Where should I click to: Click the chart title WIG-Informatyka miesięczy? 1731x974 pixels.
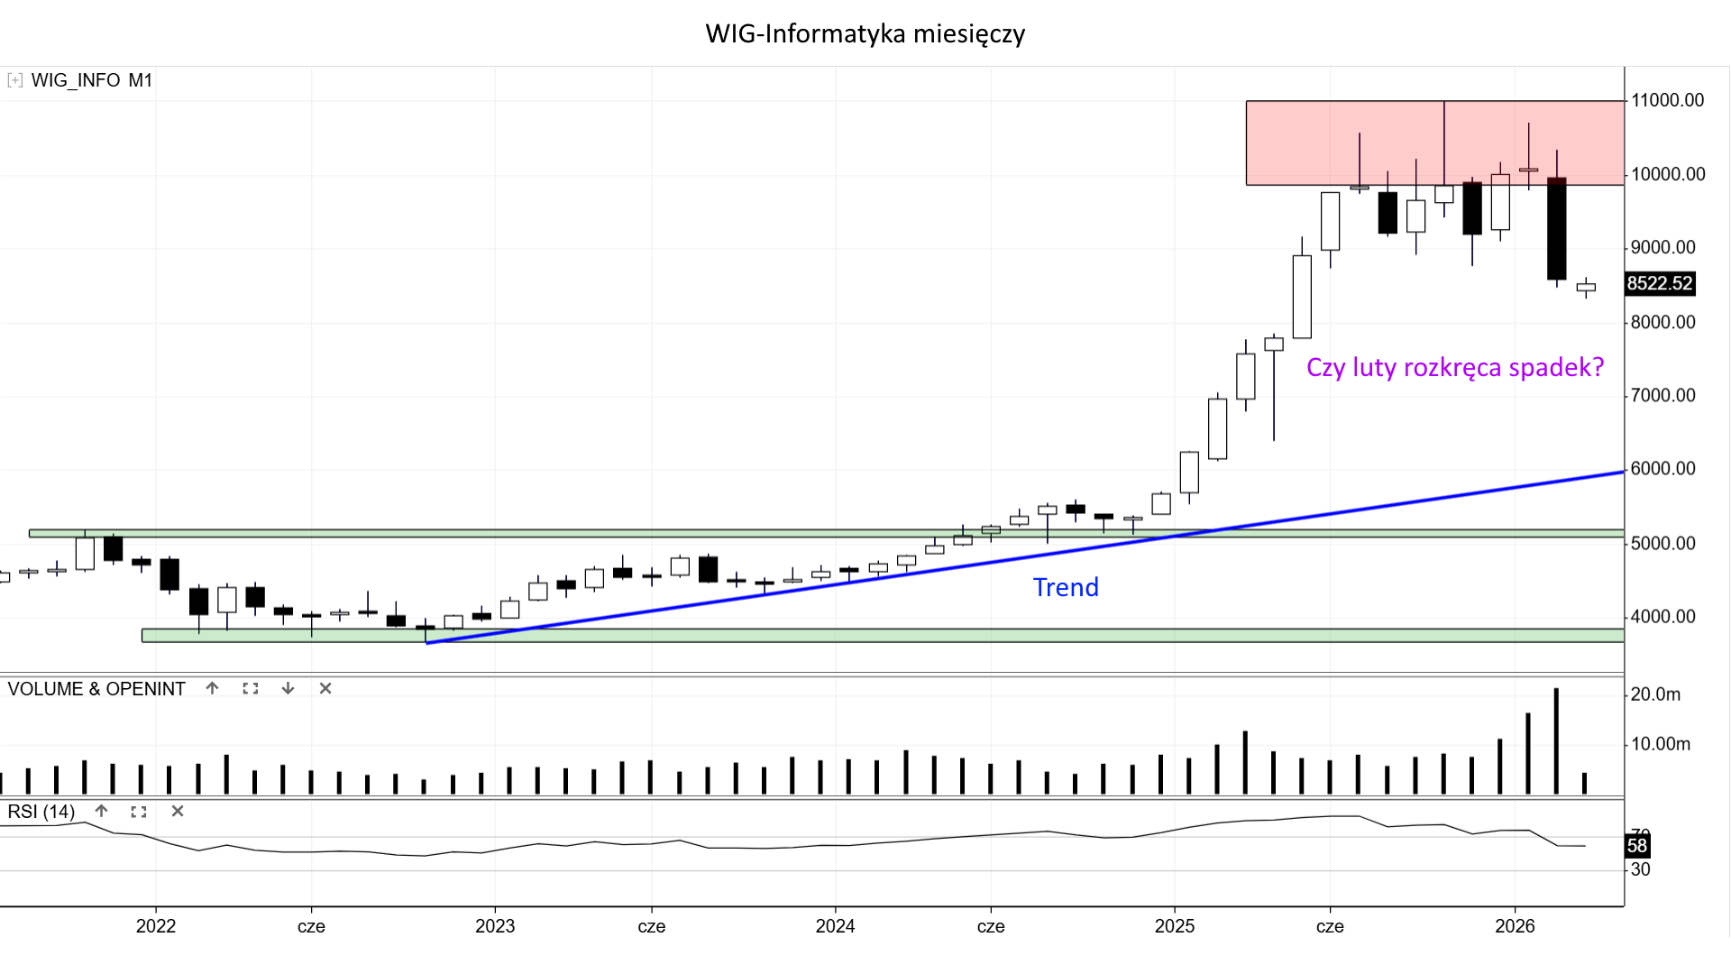click(x=865, y=34)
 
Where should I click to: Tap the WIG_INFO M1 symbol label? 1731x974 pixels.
click(x=91, y=80)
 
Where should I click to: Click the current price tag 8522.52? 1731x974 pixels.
click(x=1659, y=283)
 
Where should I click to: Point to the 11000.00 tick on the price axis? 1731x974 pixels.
click(x=1667, y=100)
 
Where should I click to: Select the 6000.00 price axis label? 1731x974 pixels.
click(x=1662, y=468)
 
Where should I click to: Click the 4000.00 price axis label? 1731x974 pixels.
click(x=1662, y=617)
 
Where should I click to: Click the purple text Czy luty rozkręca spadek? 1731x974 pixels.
click(x=1454, y=367)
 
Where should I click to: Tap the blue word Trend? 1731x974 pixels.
click(x=1066, y=587)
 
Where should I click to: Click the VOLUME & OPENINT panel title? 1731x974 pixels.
click(x=96, y=689)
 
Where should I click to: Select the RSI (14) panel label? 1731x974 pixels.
click(x=41, y=812)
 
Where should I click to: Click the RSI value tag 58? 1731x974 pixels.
click(x=1636, y=846)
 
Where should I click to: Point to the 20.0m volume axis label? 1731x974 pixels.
click(x=1655, y=694)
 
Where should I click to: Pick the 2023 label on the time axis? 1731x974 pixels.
click(x=495, y=926)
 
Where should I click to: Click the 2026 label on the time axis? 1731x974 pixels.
click(x=1515, y=926)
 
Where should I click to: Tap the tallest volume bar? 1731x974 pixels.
click(x=1556, y=741)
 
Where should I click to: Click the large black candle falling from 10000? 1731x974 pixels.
click(x=1556, y=229)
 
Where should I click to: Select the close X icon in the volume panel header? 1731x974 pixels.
click(x=325, y=689)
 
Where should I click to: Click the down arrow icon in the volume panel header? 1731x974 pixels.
click(x=288, y=689)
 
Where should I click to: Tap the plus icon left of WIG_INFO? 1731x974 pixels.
click(x=15, y=80)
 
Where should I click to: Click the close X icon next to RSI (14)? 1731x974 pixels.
click(x=178, y=812)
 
